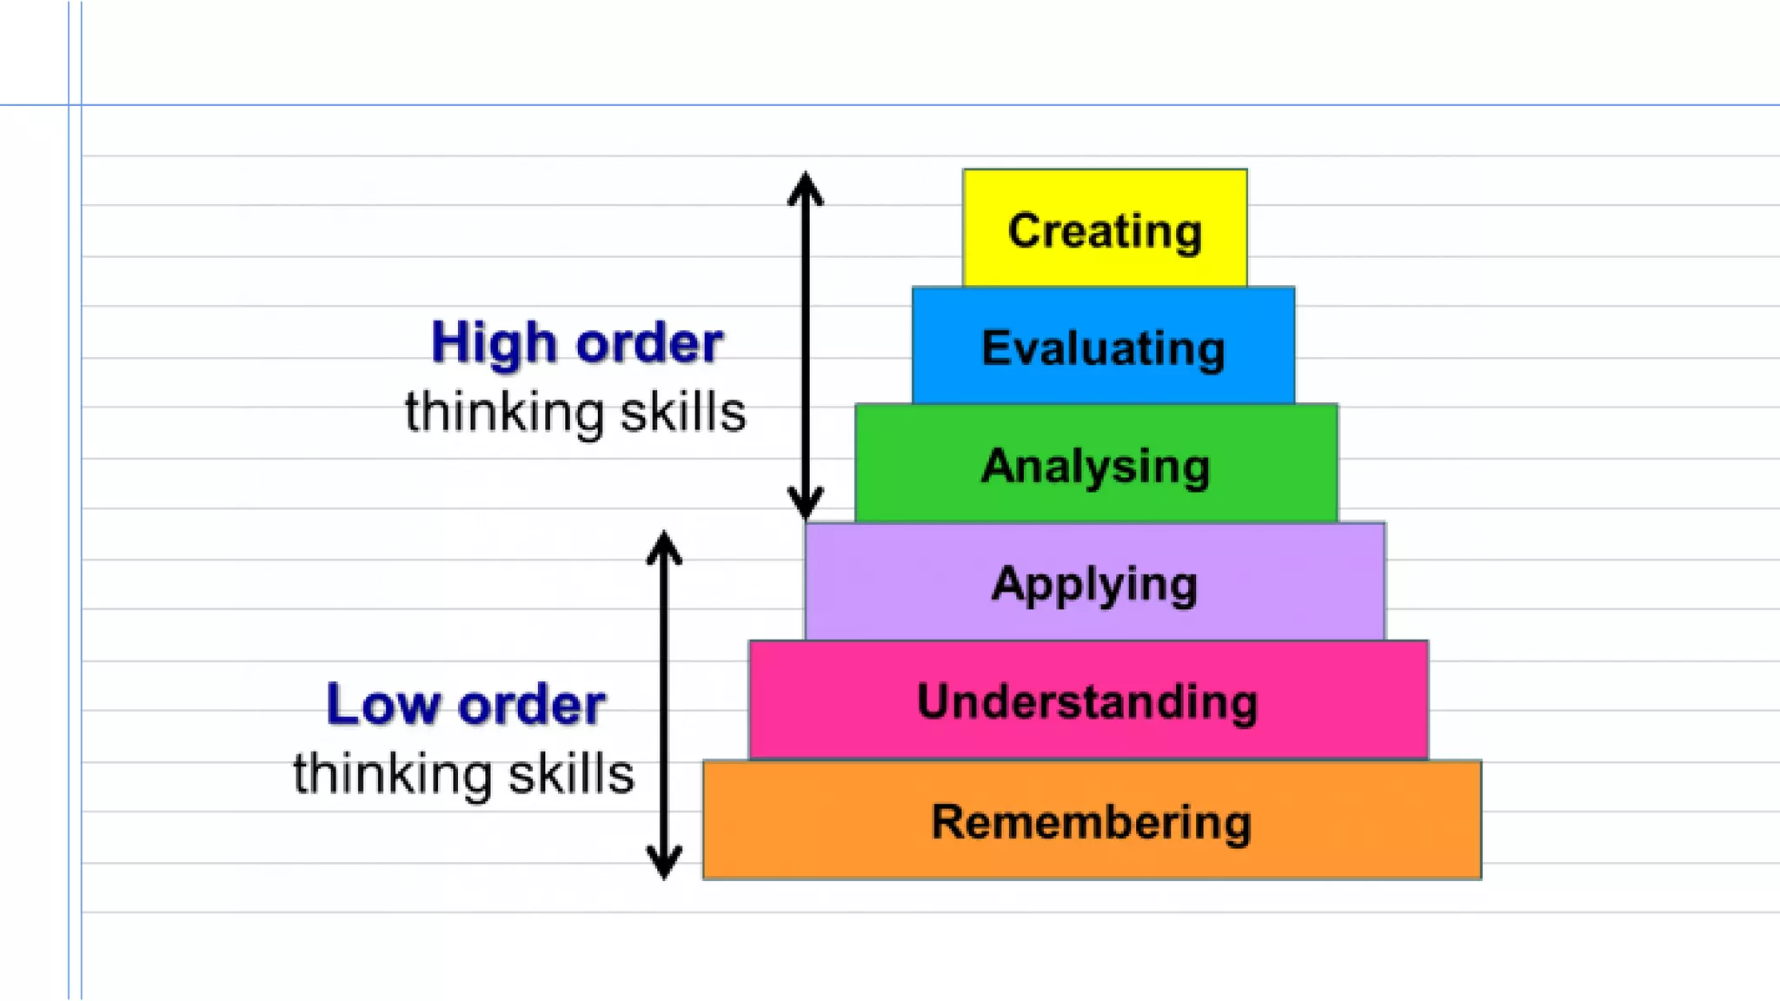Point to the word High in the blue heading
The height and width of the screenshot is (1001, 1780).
point(494,343)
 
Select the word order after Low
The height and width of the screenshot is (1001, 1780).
point(532,705)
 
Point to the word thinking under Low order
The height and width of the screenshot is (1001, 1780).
point(390,774)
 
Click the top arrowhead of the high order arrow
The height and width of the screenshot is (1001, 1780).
point(806,187)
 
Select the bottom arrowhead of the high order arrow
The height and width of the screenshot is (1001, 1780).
point(806,503)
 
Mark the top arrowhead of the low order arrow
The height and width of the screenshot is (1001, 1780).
point(664,547)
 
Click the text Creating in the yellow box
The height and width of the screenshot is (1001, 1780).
point(1105,231)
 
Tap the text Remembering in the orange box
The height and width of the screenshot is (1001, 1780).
point(1092,822)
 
